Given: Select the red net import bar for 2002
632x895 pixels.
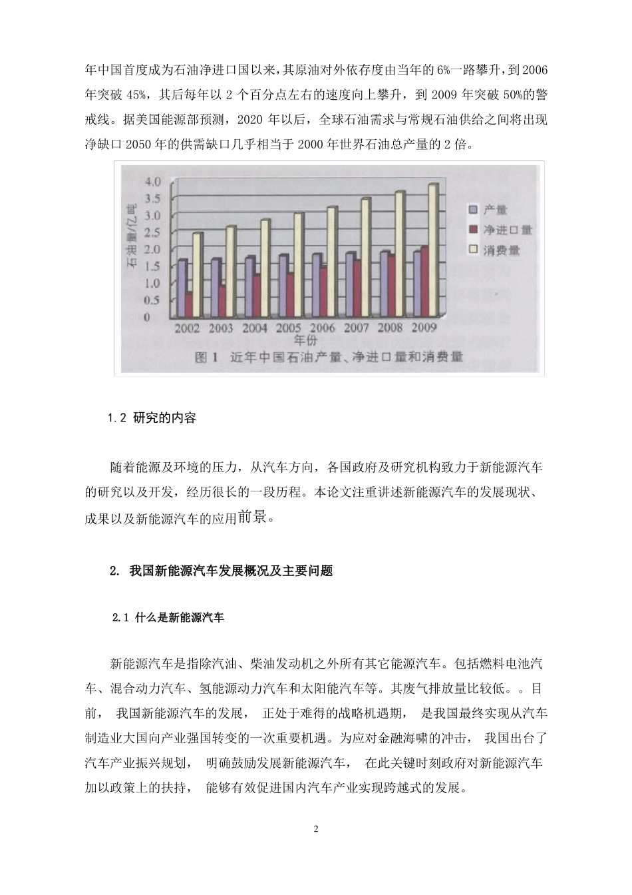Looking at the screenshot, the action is pos(189,304).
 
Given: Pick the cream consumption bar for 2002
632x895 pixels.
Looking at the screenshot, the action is pos(197,274).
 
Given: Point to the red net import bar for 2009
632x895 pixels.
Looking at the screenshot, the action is pos(424,280).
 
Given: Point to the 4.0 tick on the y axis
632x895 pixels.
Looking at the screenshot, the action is pos(152,181).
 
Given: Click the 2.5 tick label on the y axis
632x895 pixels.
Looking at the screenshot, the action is pos(152,232).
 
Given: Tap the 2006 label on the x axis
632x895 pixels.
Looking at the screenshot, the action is pos(323,328).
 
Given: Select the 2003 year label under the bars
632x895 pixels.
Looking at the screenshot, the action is pos(220,328).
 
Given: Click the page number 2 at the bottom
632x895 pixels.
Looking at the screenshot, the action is pos(316,829).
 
